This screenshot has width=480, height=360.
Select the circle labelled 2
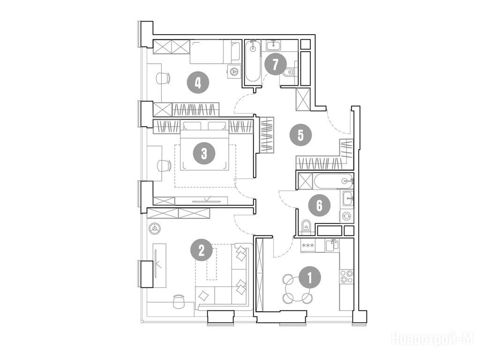pyautogui.click(x=202, y=251)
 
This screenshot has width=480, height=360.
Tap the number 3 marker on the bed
pyautogui.click(x=204, y=153)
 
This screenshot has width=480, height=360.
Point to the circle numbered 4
pyautogui.click(x=198, y=82)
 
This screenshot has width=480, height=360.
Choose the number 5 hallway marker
pyautogui.click(x=300, y=135)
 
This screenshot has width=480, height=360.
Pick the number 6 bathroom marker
pyautogui.click(x=319, y=205)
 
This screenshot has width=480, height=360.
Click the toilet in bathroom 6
pyautogui.click(x=306, y=226)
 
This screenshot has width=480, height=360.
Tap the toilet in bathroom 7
pyautogui.click(x=288, y=72)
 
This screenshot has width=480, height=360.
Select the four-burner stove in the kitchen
pyautogui.click(x=346, y=276)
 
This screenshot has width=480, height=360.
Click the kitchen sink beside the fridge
pyautogui.click(x=331, y=245)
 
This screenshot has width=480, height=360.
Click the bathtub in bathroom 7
pyautogui.click(x=253, y=61)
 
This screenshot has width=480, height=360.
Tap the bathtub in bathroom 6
pyautogui.click(x=333, y=181)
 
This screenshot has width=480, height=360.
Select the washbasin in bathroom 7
pyautogui.click(x=273, y=45)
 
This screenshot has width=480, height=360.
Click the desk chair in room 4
pyautogui.click(x=163, y=78)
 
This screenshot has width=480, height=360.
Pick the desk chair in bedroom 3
pyautogui.click(x=164, y=166)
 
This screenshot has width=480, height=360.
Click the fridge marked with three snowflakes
pyautogui.click(x=307, y=246)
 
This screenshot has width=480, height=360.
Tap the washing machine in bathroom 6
pyautogui.click(x=346, y=216)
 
